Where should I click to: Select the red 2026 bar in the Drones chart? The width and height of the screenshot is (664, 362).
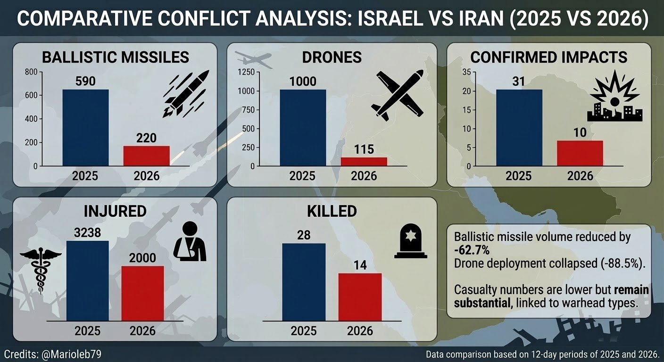[364, 162]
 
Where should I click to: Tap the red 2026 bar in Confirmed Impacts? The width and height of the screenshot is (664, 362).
[580, 153]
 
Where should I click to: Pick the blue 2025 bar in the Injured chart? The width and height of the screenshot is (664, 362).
[87, 281]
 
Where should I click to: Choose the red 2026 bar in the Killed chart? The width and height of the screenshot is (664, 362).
[360, 297]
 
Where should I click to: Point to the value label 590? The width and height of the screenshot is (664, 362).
[85, 82]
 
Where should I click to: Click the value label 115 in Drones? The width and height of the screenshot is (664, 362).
[364, 150]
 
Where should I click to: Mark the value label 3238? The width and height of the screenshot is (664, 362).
[87, 233]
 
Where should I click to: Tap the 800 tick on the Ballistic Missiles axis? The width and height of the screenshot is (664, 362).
[31, 72]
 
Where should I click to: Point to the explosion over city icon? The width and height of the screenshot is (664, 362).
[614, 100]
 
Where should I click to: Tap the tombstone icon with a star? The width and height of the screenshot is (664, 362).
[410, 242]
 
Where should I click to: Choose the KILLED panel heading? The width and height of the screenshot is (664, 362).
[332, 211]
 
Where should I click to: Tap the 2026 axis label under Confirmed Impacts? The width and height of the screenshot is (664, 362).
[580, 176]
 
